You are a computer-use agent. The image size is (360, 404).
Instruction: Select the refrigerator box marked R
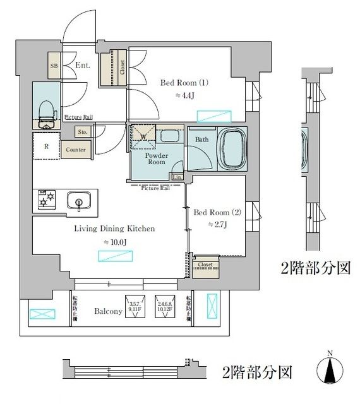click(x=47, y=146)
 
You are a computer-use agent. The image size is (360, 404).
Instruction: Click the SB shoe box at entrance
click(x=55, y=65)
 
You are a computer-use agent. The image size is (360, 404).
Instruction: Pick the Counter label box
click(x=76, y=150)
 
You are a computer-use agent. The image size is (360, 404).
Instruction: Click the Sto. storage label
click(x=83, y=132)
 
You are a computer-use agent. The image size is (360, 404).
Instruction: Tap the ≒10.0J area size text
click(x=115, y=242)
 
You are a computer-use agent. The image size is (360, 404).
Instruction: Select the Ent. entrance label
click(x=82, y=65)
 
